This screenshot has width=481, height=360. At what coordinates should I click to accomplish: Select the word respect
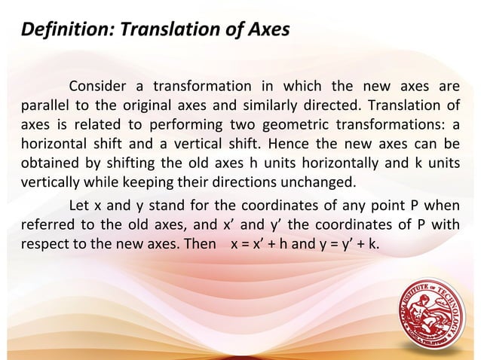[44, 245]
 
